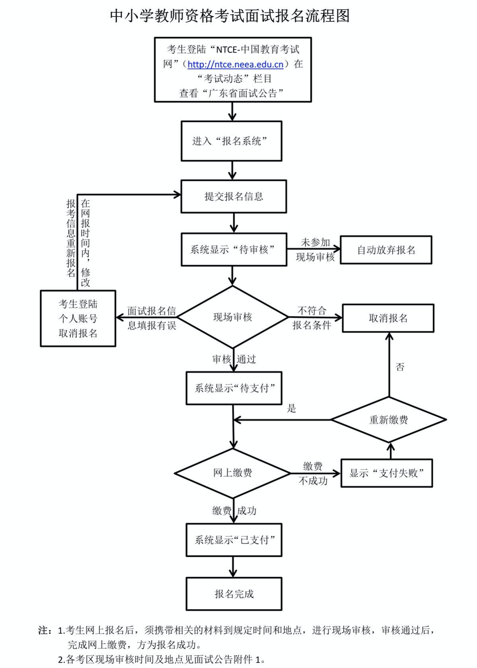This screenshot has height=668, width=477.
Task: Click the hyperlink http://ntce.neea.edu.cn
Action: coord(235,64)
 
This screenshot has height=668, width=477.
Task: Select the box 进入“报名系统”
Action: coord(231,141)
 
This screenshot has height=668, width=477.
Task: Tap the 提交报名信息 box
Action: coord(234,196)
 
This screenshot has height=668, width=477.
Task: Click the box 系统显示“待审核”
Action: coord(234,250)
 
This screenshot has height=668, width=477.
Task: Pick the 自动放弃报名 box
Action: coord(386,250)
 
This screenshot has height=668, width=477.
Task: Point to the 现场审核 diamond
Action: coord(233,317)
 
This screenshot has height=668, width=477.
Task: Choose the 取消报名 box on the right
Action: coord(388,318)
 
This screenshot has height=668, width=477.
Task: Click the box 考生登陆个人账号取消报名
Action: coord(78,318)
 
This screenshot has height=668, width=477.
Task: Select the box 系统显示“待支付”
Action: coord(234,388)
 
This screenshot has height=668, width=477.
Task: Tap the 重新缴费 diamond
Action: coord(389,420)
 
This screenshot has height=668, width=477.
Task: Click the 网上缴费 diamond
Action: coord(233,473)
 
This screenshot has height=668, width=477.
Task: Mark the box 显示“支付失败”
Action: coord(387,473)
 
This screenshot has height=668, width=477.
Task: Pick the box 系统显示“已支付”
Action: coord(234,540)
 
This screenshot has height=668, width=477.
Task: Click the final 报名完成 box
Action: coord(234,594)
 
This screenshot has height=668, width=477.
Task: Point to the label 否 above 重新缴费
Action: coord(400,367)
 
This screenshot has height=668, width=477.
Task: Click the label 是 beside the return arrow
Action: coord(291,408)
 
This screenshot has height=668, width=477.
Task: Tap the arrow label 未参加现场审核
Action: coord(315,250)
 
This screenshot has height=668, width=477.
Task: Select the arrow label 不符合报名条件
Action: coord(312,318)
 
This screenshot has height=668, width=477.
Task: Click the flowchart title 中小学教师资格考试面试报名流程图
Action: coord(230,16)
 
